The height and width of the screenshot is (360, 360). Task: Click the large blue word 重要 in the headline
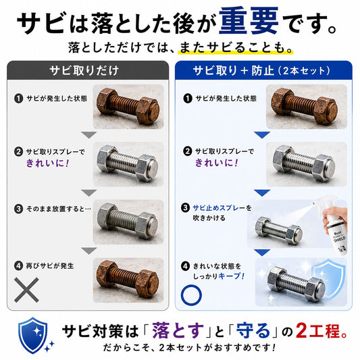click(x=249, y=21)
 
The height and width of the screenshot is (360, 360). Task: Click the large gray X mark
click(x=26, y=290)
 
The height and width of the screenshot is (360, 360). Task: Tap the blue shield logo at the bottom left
click(x=33, y=336)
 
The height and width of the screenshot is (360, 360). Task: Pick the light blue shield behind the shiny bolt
click(x=330, y=280)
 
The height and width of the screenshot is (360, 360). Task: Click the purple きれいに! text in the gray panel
click(x=48, y=163)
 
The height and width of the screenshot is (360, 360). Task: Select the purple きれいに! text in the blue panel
click(x=217, y=163)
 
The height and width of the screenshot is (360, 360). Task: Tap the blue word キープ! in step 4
click(x=232, y=276)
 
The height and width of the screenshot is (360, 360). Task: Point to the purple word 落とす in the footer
click(x=178, y=330)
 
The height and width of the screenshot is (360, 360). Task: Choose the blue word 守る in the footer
click(x=253, y=330)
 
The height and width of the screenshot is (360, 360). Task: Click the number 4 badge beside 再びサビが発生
click(x=18, y=266)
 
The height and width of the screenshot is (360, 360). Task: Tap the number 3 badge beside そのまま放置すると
click(x=18, y=209)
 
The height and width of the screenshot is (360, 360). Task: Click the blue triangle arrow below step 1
click(x=262, y=135)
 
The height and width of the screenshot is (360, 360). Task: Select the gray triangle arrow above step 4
click(x=89, y=251)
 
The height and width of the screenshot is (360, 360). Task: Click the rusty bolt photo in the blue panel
click(x=306, y=107)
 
